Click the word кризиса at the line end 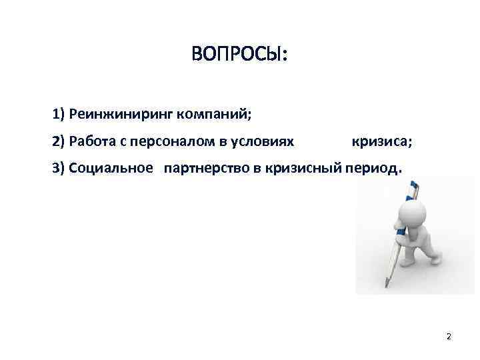(x=381, y=141)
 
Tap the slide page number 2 (x=449, y=336)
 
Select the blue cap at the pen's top (x=413, y=185)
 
